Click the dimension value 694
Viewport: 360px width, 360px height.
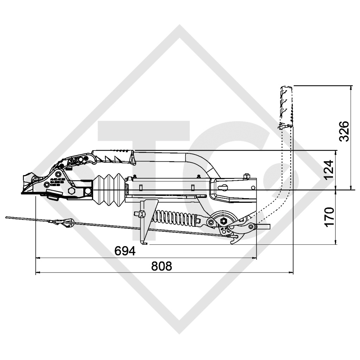(x=125, y=251)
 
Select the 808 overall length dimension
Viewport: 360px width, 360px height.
(x=161, y=266)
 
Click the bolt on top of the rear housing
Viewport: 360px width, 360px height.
(x=247, y=176)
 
